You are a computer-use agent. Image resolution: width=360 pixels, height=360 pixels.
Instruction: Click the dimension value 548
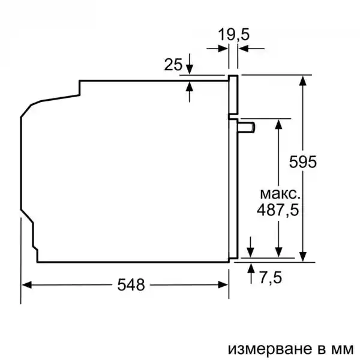click(131, 285)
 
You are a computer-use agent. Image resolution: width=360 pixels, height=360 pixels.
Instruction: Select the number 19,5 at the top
click(233, 35)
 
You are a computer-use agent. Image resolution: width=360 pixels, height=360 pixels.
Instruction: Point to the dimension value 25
click(173, 64)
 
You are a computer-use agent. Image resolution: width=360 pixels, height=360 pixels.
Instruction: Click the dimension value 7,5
click(270, 278)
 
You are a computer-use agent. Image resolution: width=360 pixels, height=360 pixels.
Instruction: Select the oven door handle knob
click(246, 127)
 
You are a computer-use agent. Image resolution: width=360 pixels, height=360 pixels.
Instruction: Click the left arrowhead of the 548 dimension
click(26, 285)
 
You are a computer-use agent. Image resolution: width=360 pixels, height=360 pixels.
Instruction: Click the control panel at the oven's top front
click(232, 95)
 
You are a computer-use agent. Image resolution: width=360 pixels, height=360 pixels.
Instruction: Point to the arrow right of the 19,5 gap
click(245, 48)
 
